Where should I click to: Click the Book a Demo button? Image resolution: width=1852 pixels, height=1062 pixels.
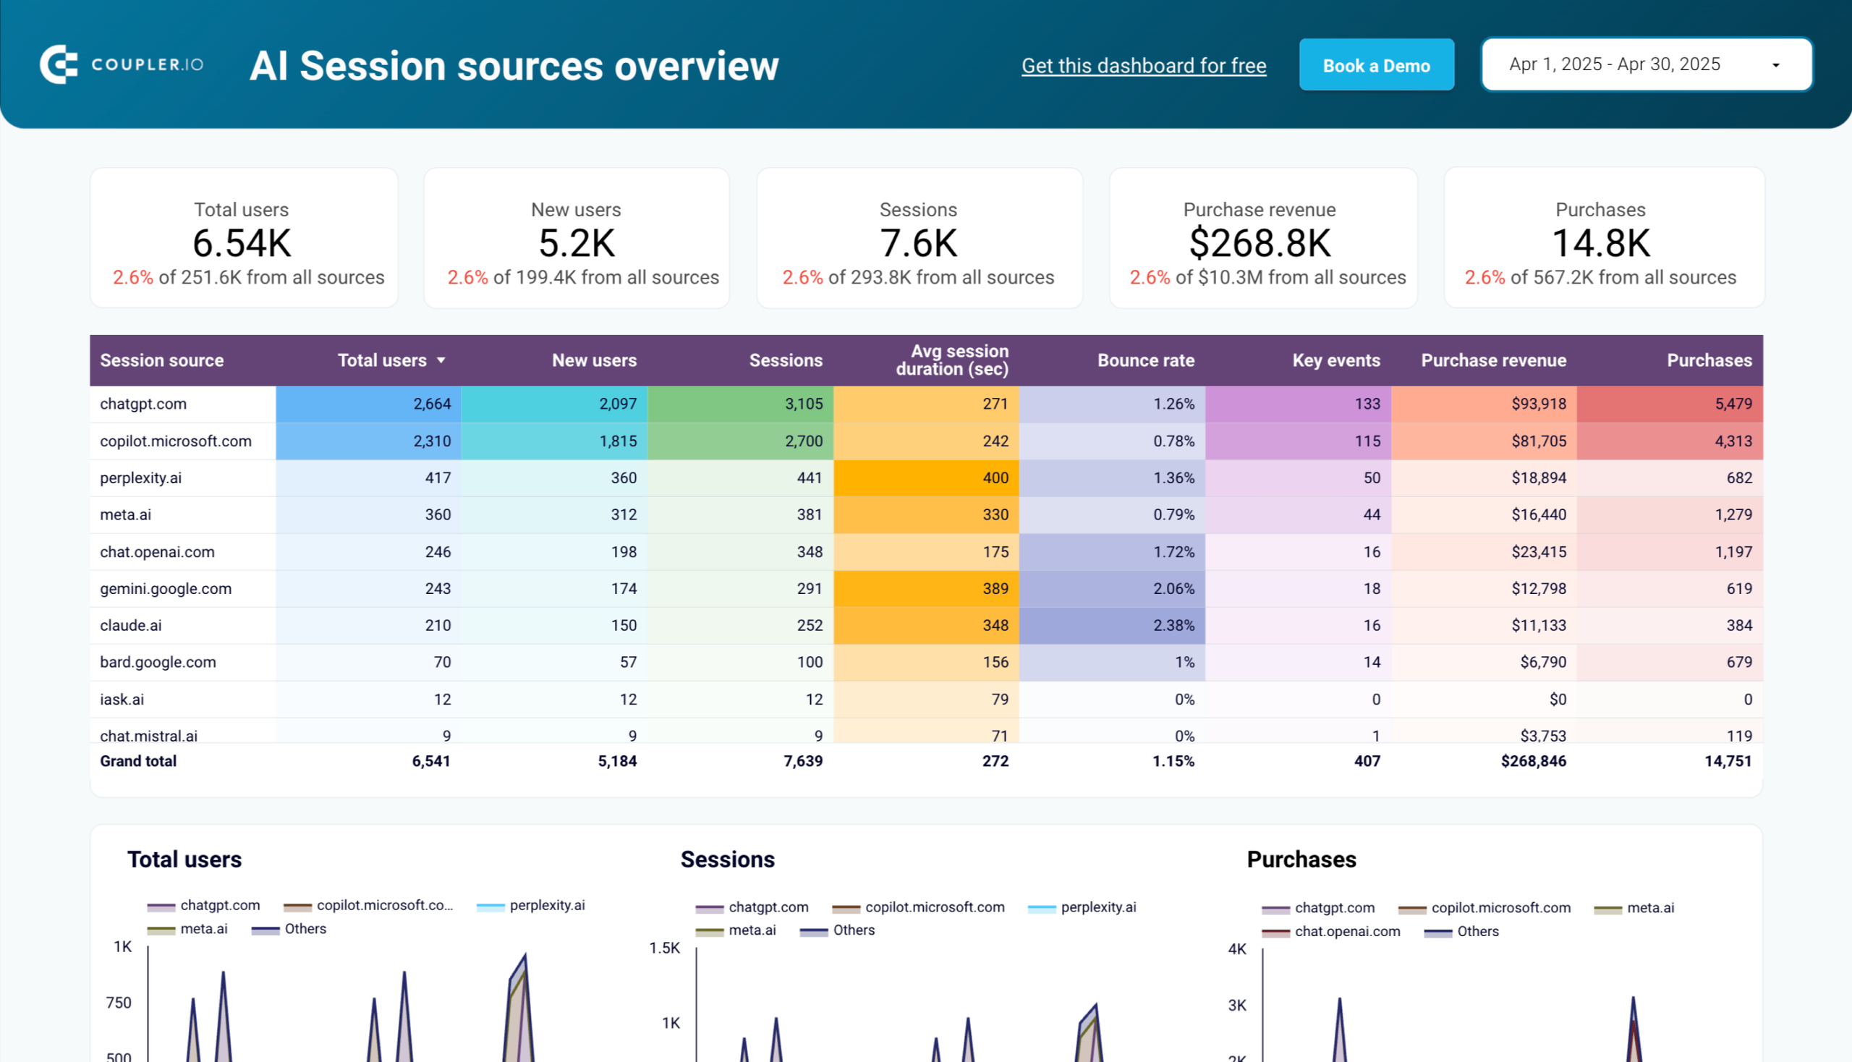[x=1376, y=66]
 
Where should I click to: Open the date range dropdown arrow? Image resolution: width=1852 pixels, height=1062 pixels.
[x=1775, y=66]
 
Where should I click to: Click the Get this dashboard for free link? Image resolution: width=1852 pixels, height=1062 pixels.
[x=1143, y=66]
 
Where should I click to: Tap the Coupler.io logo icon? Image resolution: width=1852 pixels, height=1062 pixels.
[x=59, y=65]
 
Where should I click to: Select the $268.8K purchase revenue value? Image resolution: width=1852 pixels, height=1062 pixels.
[x=1260, y=244]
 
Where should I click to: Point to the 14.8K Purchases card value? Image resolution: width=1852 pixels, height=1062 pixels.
[x=1600, y=244]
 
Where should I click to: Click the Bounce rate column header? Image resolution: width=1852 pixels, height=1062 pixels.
[x=1145, y=360]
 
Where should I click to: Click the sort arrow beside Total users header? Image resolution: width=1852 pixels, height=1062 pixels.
[x=441, y=360]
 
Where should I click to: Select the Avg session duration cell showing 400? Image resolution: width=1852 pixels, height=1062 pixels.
[x=995, y=477]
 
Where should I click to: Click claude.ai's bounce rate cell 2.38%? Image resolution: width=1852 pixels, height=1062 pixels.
[x=1173, y=625]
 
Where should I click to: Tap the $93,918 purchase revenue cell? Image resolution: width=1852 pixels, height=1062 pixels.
[x=1537, y=404]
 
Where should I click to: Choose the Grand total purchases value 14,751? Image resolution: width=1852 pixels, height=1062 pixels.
[x=1728, y=761]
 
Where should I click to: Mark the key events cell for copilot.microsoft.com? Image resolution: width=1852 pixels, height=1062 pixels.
[x=1367, y=441]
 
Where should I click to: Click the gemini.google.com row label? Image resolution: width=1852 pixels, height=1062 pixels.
[x=166, y=588]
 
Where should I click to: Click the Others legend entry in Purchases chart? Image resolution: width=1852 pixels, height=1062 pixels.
[x=1477, y=932]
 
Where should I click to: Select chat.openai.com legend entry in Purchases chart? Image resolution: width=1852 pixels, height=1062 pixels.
[x=1346, y=932]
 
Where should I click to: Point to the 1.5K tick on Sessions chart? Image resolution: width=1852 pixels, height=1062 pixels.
[x=664, y=948]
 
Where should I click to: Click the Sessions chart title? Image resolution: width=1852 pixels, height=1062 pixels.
[x=727, y=859]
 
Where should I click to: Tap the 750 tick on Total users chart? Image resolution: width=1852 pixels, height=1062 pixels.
[x=118, y=1003]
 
